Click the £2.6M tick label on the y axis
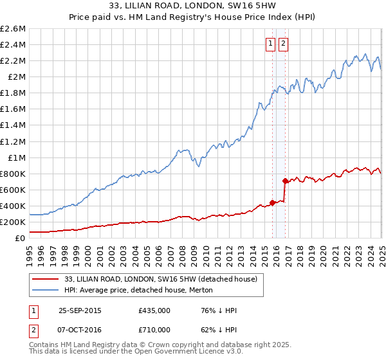click(13, 29)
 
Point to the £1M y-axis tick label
click(17, 157)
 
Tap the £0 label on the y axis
click(21, 238)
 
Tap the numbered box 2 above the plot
click(283, 44)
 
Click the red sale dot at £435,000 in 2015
click(272, 203)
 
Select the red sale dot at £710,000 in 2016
click(284, 181)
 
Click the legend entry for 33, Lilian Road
click(161, 279)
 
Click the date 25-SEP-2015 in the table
click(80, 310)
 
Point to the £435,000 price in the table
click(154, 310)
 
